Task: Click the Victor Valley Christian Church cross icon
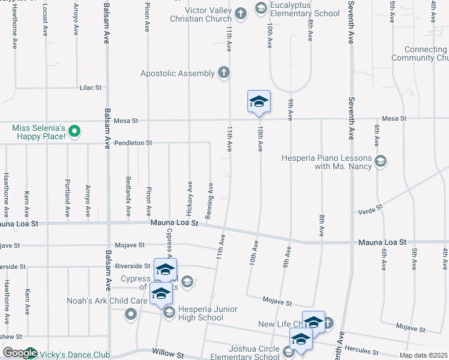[x=240, y=14]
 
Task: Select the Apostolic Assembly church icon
[x=223, y=73]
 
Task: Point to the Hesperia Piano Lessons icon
[x=380, y=161]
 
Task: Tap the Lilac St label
[x=91, y=88]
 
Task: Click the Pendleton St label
[x=133, y=143]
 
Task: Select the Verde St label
[x=370, y=211]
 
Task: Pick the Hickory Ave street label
[x=190, y=199]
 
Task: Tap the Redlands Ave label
[x=128, y=197]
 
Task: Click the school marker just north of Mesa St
[x=259, y=102]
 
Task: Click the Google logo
[x=19, y=353]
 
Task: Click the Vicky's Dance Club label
[x=75, y=355]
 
